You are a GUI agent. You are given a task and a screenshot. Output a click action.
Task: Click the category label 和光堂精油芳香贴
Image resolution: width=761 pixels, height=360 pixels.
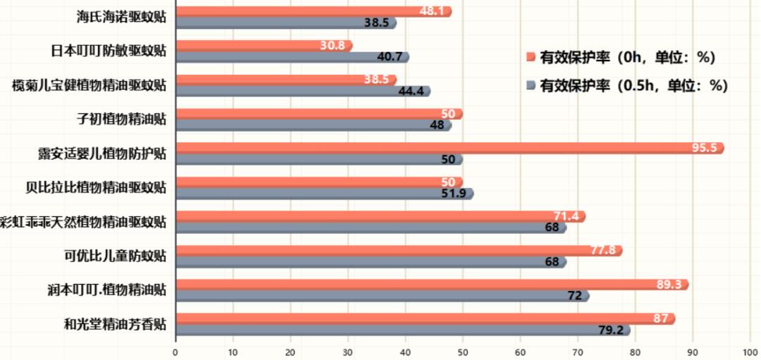[115, 325]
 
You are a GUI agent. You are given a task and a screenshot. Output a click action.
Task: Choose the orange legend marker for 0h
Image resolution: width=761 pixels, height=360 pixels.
[531, 57]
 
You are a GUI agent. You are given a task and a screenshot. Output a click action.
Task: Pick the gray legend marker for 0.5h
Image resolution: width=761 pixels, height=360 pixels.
[531, 86]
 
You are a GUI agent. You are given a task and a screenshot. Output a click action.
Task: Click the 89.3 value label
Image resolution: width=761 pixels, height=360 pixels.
[669, 285]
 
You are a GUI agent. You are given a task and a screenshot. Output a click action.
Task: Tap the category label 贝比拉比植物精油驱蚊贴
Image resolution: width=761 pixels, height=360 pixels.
[96, 187]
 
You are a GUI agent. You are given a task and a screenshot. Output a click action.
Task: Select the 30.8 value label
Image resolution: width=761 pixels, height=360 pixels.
[332, 45]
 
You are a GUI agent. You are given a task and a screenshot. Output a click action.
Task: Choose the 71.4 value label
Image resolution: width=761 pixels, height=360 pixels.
[566, 216]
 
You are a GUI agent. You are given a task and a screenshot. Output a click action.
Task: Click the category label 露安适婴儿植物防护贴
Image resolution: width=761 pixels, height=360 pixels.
[102, 153]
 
